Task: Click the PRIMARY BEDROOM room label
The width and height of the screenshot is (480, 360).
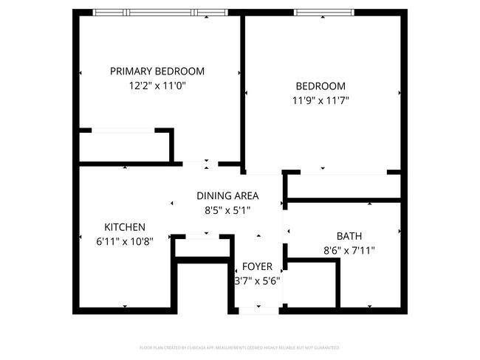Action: pyautogui.click(x=157, y=72)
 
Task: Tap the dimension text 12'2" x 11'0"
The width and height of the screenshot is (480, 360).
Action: pyautogui.click(x=157, y=86)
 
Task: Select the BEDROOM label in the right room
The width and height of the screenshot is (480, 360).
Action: pyautogui.click(x=320, y=86)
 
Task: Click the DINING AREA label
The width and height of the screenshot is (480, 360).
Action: pyautogui.click(x=227, y=195)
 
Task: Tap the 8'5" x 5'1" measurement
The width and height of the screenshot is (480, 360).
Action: pyautogui.click(x=227, y=210)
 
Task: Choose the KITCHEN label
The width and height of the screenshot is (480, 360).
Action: pyautogui.click(x=125, y=227)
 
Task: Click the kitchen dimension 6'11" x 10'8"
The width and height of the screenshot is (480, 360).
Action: pyautogui.click(x=125, y=241)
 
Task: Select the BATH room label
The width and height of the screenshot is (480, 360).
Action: pyautogui.click(x=349, y=236)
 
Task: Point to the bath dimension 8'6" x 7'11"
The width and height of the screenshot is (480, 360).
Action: pyautogui.click(x=349, y=250)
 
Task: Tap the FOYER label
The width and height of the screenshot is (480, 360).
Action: pyautogui.click(x=257, y=266)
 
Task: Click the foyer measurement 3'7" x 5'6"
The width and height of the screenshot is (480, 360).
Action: pyautogui.click(x=257, y=280)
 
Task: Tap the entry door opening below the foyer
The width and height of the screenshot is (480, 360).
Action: pyautogui.click(x=258, y=311)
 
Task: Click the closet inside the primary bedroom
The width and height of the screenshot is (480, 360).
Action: pyautogui.click(x=124, y=146)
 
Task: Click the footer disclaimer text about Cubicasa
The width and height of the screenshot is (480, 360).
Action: pyautogui.click(x=240, y=347)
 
